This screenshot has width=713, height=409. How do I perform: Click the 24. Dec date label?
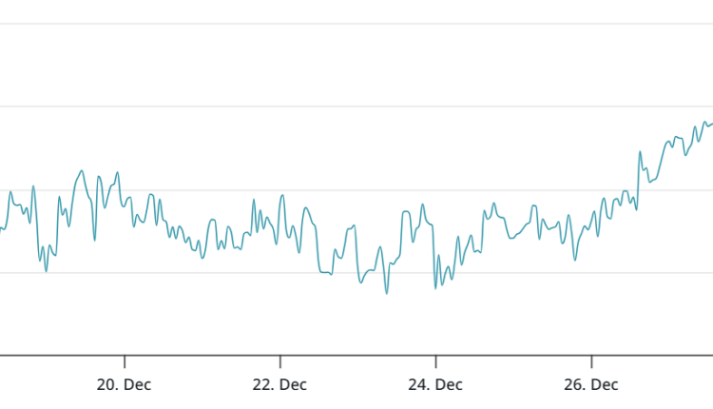435,385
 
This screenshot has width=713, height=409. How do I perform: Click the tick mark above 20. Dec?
125,361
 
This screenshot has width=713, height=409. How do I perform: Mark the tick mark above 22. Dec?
280,361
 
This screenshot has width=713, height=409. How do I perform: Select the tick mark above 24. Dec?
435,361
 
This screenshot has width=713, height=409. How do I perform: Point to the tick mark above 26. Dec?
591,361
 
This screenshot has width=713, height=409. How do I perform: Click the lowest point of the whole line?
386,293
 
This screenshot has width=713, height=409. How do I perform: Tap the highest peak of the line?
704,122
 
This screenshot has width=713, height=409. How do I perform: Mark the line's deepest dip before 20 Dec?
46,272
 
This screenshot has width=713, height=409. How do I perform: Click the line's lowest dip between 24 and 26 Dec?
435,288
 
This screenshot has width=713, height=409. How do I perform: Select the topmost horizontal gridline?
356,23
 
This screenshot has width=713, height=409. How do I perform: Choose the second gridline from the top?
356,107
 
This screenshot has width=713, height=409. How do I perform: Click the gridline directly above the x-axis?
356,273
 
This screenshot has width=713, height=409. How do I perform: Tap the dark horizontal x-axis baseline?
356,356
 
